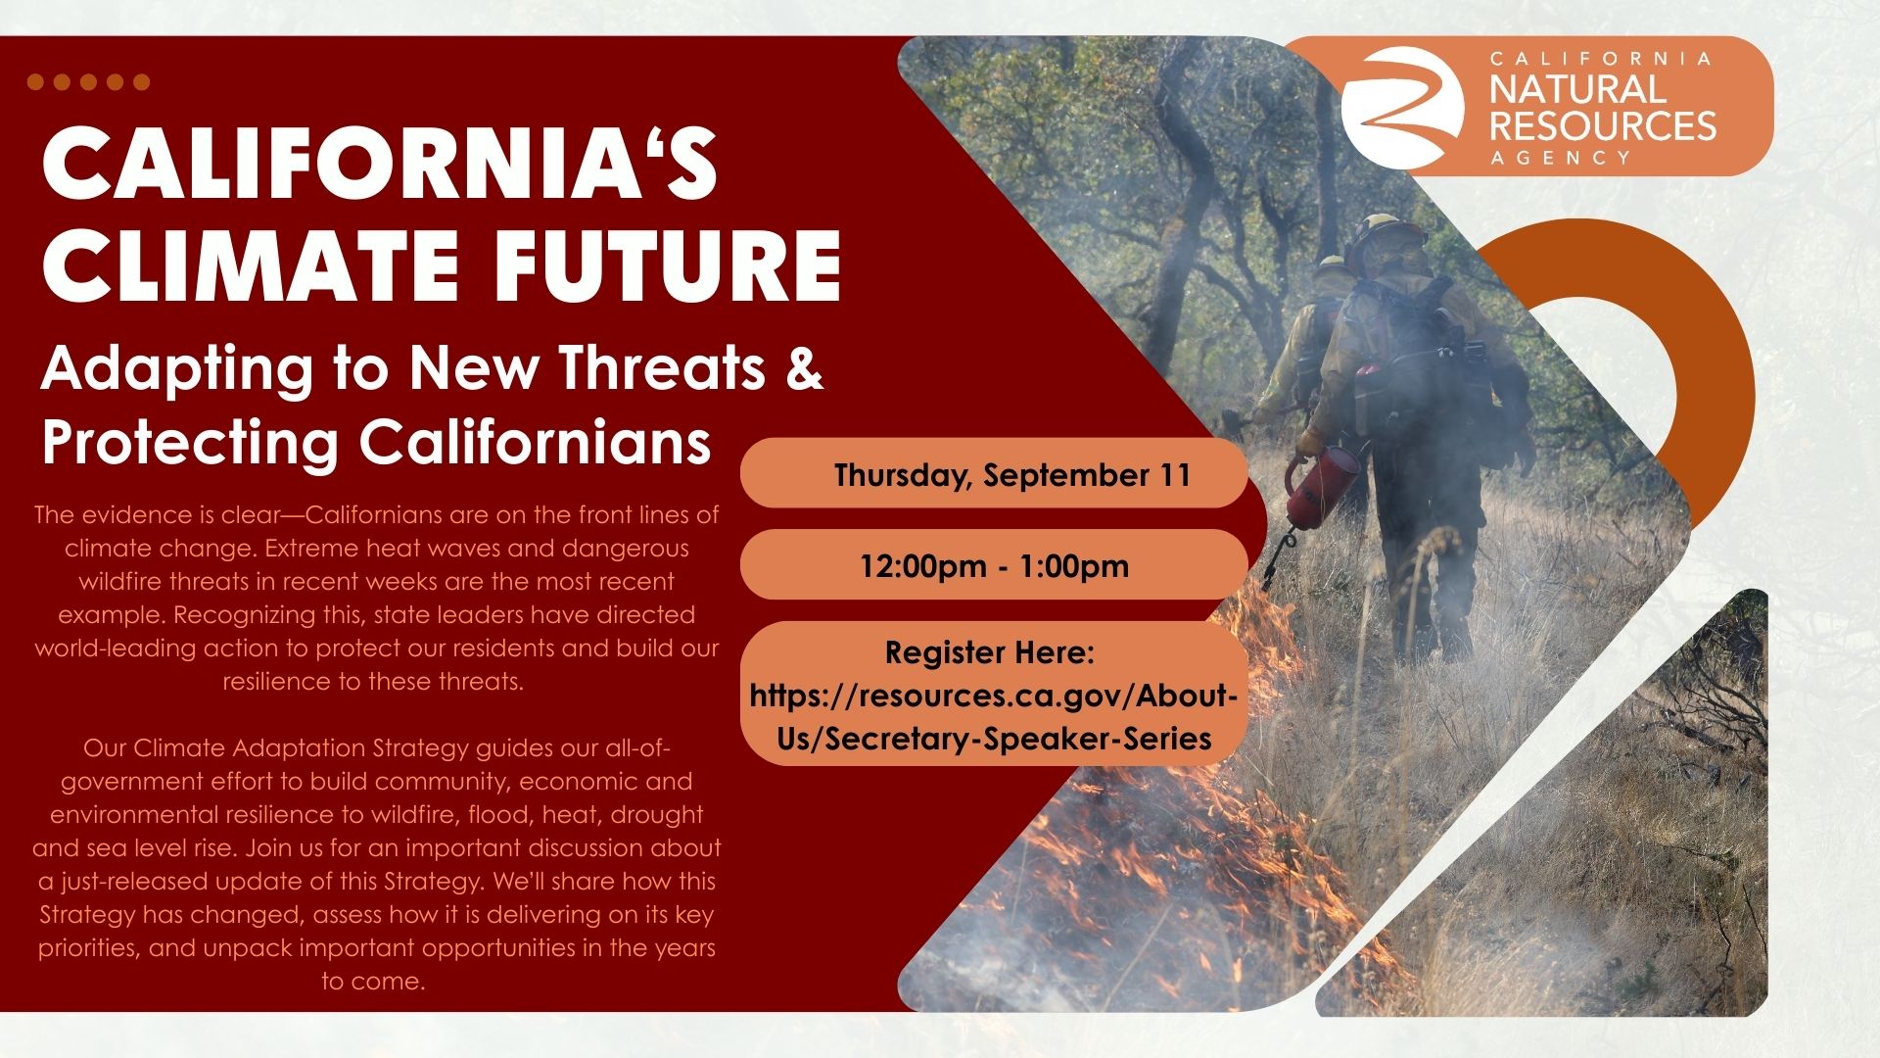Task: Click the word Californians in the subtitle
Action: [x=535, y=442]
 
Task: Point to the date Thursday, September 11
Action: [x=1012, y=475]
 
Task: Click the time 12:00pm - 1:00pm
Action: [x=994, y=566]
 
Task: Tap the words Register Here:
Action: [x=989, y=652]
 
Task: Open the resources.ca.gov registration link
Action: [x=994, y=717]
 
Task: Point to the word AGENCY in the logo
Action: [x=1561, y=158]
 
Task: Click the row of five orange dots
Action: [x=88, y=82]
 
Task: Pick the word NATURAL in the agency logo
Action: [x=1576, y=89]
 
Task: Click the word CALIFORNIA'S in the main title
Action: [x=380, y=163]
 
